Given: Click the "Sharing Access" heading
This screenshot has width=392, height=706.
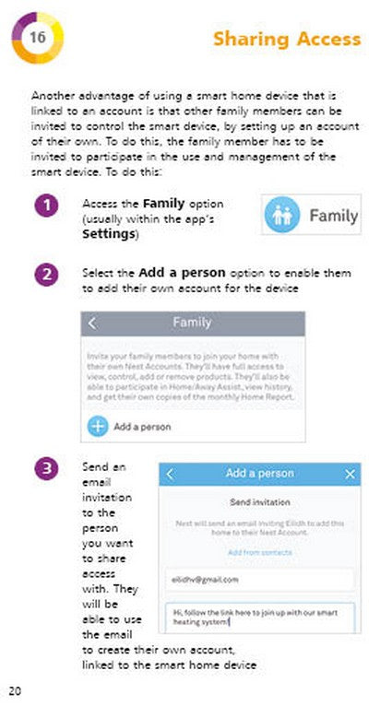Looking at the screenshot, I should tap(286, 39).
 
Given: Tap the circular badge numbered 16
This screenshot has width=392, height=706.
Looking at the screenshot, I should tap(37, 38).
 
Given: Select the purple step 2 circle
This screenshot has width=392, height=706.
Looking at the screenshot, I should tap(48, 275).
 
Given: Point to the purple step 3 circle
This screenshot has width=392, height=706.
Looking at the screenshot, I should tap(48, 469).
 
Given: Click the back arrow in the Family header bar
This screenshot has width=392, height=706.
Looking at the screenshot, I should tap(92, 324).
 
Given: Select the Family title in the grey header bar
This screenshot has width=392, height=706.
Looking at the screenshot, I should tap(192, 323).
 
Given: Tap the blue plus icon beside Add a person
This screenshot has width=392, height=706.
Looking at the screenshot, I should tap(97, 427).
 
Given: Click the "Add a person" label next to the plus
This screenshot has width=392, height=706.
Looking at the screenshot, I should tap(141, 428).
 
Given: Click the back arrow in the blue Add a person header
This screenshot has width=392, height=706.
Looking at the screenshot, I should tap(170, 474).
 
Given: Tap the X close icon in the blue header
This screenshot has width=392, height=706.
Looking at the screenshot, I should tap(350, 474).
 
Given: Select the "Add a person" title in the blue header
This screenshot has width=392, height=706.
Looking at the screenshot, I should tap(259, 474).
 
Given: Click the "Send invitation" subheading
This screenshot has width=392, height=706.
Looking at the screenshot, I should tap(259, 503).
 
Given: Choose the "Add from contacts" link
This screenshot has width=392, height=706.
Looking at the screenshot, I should tap(259, 552).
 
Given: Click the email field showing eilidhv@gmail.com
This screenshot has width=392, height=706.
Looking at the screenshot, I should tap(259, 580).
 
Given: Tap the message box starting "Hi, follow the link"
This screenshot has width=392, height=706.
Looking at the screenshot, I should tap(259, 616).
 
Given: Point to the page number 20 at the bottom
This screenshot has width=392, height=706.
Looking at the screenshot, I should tap(15, 690).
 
